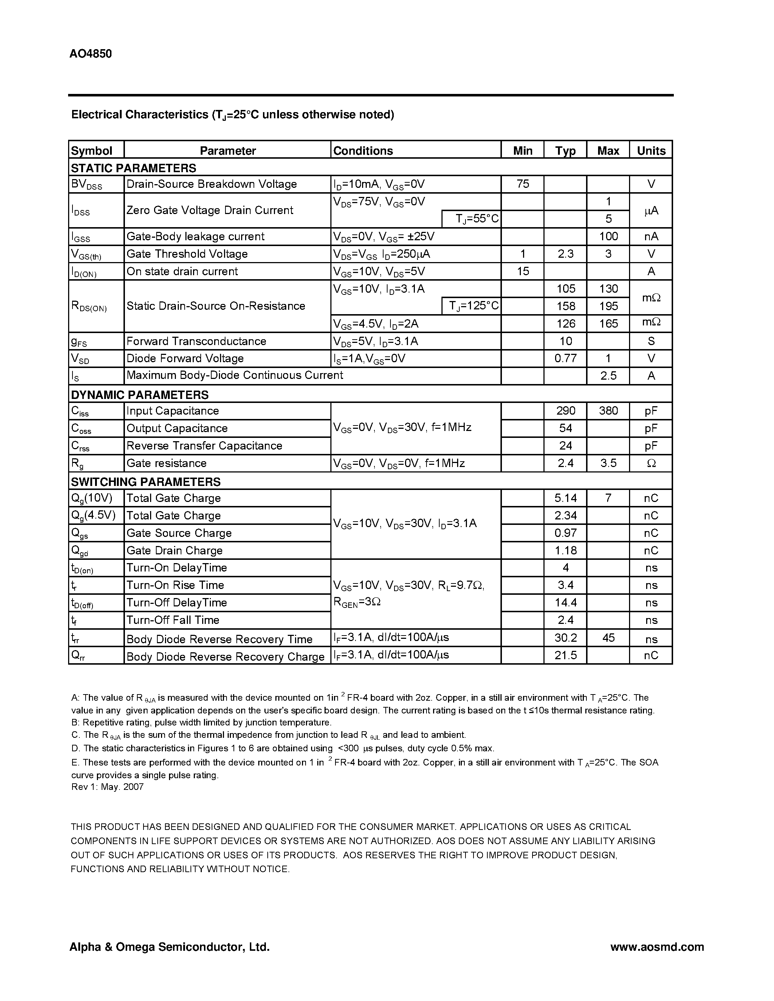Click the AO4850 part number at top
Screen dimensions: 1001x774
90,54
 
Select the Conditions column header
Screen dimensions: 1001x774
363,151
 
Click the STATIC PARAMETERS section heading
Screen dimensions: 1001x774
133,168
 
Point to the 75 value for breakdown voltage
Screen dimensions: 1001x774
522,184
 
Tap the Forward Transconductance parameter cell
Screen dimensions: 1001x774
196,341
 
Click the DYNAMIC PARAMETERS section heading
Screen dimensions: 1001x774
140,395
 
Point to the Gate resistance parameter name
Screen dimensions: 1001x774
166,463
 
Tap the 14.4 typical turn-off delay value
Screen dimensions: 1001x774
565,603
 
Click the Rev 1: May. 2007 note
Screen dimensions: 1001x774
107,787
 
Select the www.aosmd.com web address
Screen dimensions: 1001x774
657,947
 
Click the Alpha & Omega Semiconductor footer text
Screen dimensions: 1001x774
169,947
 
